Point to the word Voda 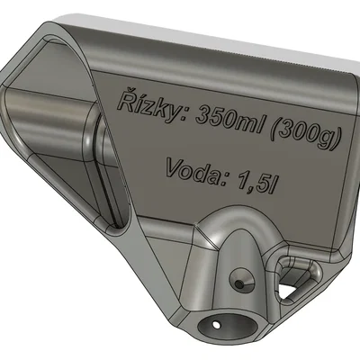tap(195, 171)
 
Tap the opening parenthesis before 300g tap(276, 130)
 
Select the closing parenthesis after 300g tap(336, 139)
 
